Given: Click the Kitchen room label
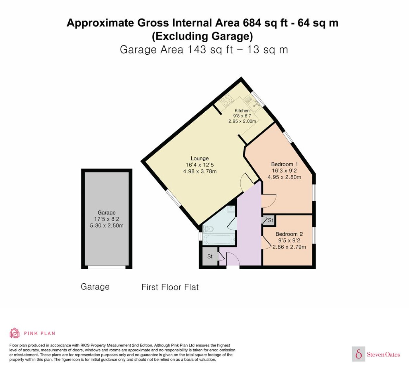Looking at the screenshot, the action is click(x=242, y=110).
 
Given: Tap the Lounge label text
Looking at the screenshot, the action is click(x=200, y=158).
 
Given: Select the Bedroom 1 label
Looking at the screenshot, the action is click(x=285, y=164).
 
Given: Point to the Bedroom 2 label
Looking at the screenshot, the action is click(x=289, y=234).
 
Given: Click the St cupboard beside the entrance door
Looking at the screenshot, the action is click(x=210, y=256).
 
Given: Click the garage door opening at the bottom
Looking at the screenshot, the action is click(x=107, y=267).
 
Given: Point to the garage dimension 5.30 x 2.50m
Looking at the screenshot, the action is click(x=107, y=226).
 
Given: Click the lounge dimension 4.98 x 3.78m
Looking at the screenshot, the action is click(x=200, y=171).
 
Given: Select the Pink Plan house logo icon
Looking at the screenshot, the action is click(x=15, y=333).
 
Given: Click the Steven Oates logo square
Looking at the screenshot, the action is click(x=359, y=354).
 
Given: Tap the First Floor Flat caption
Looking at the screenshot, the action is click(x=170, y=287).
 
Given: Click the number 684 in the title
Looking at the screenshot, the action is click(x=252, y=23).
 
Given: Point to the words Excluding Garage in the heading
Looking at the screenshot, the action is click(x=202, y=36).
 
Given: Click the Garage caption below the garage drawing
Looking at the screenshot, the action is click(x=95, y=287).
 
